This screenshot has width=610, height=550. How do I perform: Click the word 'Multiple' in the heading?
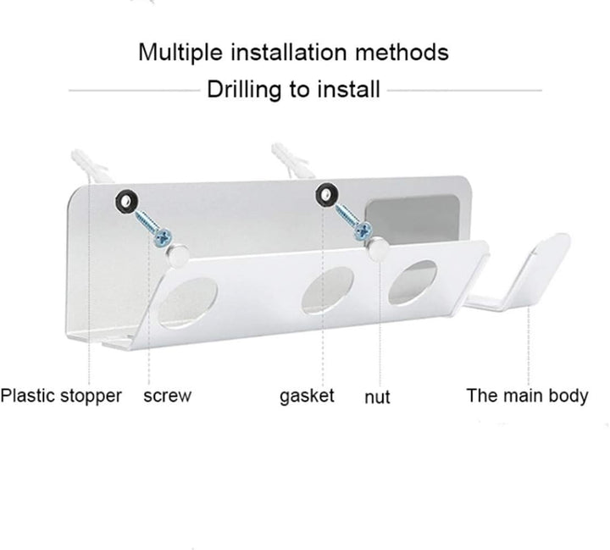tap(180, 53)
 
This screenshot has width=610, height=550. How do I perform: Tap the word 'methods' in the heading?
tap(402, 53)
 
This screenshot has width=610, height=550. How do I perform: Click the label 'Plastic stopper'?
tap(61, 396)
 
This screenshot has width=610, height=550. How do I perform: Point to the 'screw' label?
tap(167, 397)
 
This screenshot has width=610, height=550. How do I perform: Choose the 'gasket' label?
tap(307, 397)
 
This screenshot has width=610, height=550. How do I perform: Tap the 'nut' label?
tap(377, 397)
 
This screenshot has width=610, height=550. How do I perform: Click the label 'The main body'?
tap(527, 396)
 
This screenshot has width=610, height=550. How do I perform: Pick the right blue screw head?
tap(363, 231)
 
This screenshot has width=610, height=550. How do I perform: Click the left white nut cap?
tap(178, 255)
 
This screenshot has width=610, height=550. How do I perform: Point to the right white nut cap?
tap(378, 248)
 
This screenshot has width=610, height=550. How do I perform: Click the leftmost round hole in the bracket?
tap(188, 303)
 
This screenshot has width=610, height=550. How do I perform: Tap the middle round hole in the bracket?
tap(328, 290)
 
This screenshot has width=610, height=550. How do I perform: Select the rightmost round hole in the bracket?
tap(413, 282)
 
